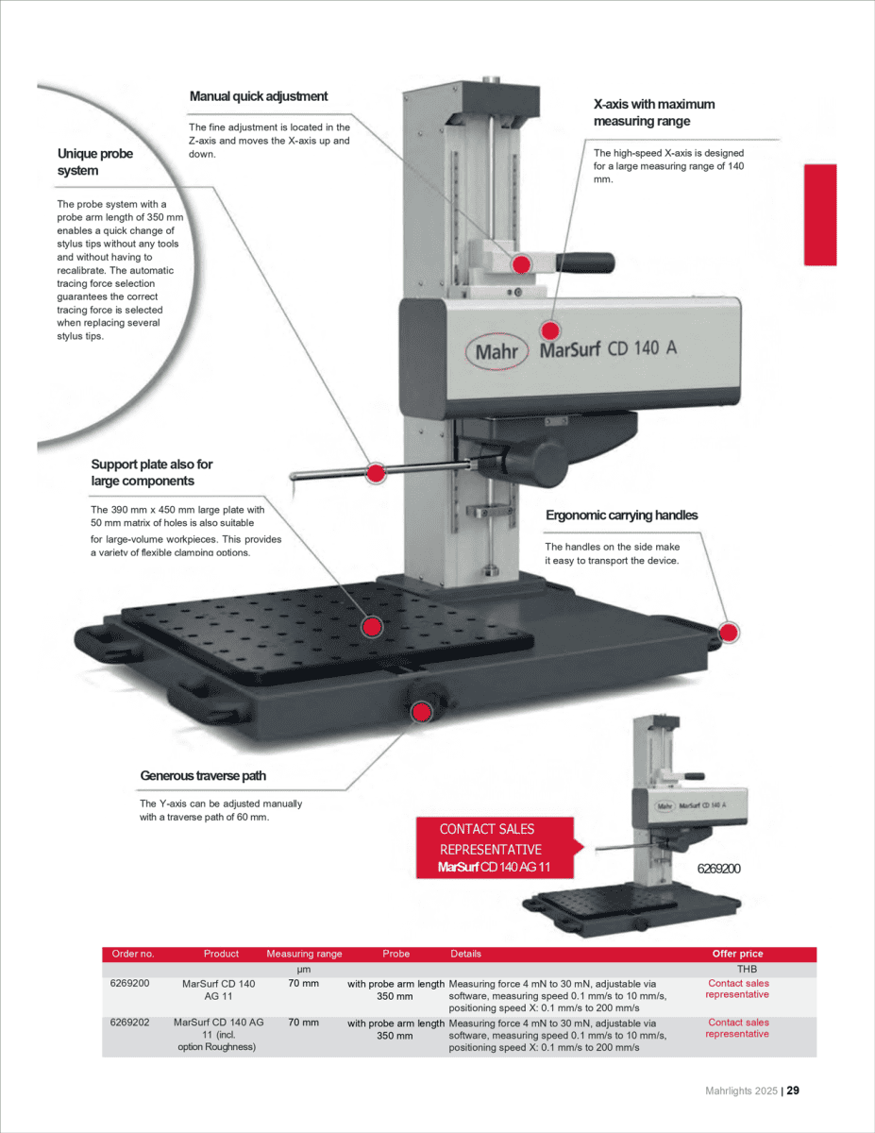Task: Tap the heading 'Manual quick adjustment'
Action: [259, 96]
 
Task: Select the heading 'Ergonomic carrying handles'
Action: [622, 516]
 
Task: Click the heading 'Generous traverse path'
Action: [203, 776]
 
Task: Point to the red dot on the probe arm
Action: [375, 473]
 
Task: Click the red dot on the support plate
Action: [372, 626]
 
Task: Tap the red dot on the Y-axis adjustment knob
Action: [422, 710]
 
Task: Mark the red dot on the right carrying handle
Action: [729, 632]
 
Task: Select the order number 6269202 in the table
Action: [130, 1023]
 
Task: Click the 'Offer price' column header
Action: [737, 954]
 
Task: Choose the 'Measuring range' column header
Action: [304, 954]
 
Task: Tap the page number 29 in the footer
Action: [793, 1091]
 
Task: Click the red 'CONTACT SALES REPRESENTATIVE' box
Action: [495, 848]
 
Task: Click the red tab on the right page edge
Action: [819, 214]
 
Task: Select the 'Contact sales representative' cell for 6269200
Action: [738, 989]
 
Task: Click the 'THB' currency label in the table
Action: [747, 969]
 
